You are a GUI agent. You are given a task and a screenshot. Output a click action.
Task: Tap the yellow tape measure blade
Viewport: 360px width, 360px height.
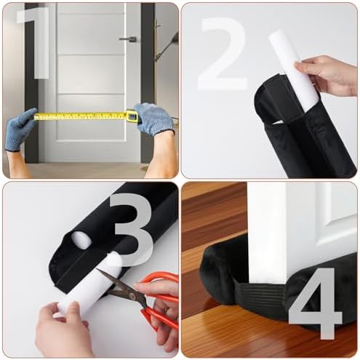[80, 116]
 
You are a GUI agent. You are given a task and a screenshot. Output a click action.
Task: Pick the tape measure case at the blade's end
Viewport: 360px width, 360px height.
[132, 115]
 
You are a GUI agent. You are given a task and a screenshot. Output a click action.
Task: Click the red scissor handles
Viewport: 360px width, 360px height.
[156, 305]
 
